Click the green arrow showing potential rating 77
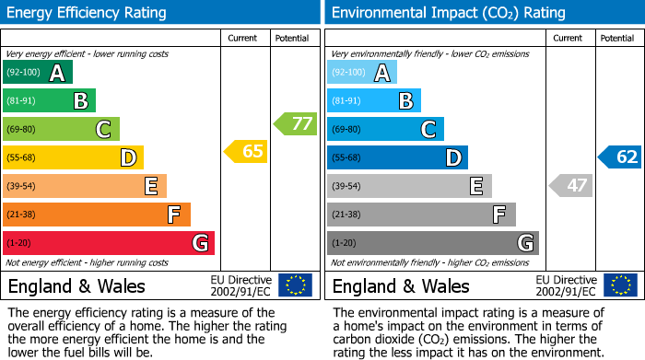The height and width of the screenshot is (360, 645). tap(295, 123)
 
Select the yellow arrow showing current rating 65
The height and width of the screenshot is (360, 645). tap(246, 152)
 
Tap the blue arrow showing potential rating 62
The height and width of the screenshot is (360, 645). tap(619, 157)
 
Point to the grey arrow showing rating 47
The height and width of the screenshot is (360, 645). tap(570, 186)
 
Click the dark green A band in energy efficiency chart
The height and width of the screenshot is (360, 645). tap(37, 73)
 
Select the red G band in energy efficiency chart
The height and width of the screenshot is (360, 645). tap(108, 243)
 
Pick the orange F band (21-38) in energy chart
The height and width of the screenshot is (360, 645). tap(96, 215)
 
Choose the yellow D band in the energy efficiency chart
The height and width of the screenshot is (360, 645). tap(73, 157)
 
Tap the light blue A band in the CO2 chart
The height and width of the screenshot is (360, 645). tap(361, 73)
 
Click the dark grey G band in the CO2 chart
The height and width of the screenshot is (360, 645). tap(432, 243)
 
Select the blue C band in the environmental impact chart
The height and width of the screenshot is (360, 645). tap(385, 130)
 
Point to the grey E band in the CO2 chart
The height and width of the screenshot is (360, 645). tap(409, 186)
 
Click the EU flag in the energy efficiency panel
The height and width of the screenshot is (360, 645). tap(295, 285)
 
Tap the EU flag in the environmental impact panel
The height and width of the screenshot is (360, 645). tap(619, 285)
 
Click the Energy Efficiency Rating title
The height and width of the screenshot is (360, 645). tap(88, 13)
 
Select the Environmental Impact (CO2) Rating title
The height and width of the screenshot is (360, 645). tap(448, 13)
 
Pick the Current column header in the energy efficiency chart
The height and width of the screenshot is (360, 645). tap(243, 38)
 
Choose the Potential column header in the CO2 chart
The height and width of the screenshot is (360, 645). tap(617, 38)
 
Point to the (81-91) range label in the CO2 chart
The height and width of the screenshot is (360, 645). tap(347, 101)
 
